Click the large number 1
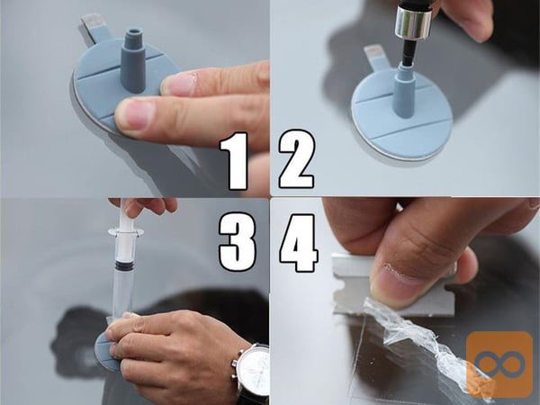click(x=236, y=161)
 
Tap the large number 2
click(x=297, y=159)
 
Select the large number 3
click(x=238, y=242)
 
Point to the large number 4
click(x=299, y=243)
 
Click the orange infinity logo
click(x=499, y=364)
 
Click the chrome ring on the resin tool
click(x=413, y=22)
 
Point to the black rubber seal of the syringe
click(x=125, y=265)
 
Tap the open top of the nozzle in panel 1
click(x=134, y=31)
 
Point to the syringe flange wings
click(x=126, y=232)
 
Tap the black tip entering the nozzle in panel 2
click(x=408, y=55)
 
